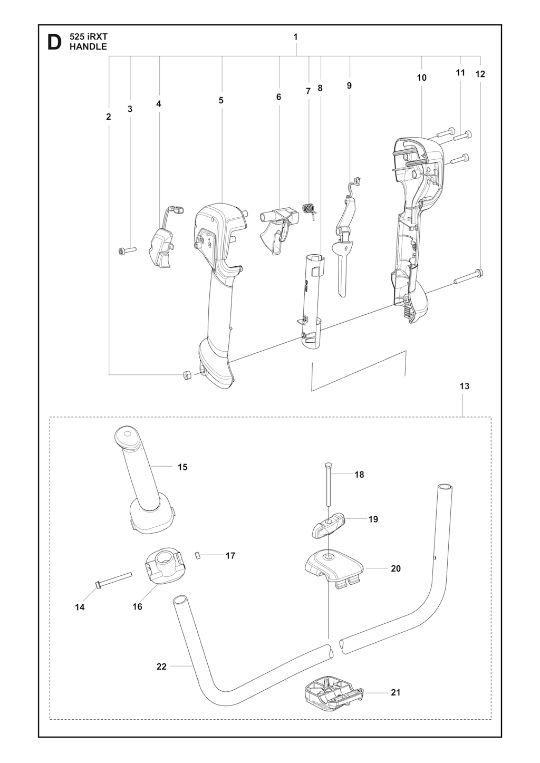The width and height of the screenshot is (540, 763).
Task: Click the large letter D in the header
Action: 54,43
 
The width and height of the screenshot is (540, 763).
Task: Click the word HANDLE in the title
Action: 88,47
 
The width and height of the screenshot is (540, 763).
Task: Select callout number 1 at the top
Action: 295,37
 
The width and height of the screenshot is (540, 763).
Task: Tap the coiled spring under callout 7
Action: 310,211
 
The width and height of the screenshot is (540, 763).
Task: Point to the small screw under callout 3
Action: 127,250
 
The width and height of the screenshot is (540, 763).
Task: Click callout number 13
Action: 465,386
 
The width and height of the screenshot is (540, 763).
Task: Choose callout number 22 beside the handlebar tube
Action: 161,666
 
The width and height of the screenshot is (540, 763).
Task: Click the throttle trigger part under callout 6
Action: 279,231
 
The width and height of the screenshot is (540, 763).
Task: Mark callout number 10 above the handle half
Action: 422,78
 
